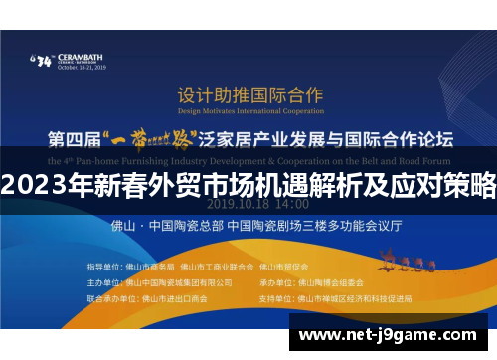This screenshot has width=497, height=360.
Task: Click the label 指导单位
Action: pyautogui.click(x=101, y=268)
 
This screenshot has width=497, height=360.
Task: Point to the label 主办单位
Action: pyautogui.click(x=101, y=282)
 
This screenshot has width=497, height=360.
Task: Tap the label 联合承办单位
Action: pyautogui.click(x=107, y=297)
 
